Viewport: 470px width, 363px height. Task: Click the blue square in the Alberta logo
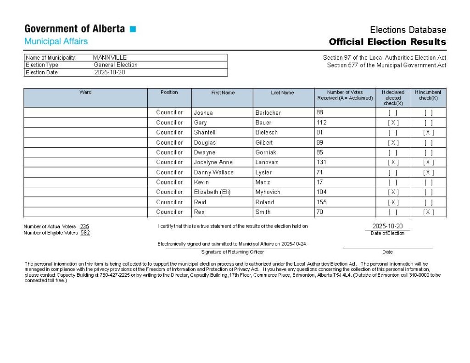pyautogui.click(x=133, y=29)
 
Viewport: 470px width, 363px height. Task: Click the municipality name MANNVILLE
pyautogui.click(x=110, y=58)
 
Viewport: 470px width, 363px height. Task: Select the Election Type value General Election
pyautogui.click(x=116, y=65)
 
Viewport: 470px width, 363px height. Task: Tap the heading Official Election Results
pyautogui.click(x=387, y=42)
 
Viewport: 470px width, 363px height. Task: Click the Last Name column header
pyautogui.click(x=282, y=93)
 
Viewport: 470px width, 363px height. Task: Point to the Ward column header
pyautogui.click(x=85, y=92)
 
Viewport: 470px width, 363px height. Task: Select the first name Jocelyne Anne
pyautogui.click(x=213, y=162)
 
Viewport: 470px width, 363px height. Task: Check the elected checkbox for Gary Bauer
pyautogui.click(x=393, y=123)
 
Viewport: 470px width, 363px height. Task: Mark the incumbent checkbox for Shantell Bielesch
pyautogui.click(x=428, y=133)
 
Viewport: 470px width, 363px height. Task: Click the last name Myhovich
pyautogui.click(x=268, y=192)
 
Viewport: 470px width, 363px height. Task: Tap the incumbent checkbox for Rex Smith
pyautogui.click(x=428, y=212)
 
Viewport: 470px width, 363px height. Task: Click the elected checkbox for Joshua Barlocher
pyautogui.click(x=393, y=113)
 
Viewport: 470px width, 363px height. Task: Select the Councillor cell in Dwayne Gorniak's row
pyautogui.click(x=169, y=152)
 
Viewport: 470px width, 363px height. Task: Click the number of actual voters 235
pyautogui.click(x=84, y=227)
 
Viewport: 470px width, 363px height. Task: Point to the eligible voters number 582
pyautogui.click(x=85, y=233)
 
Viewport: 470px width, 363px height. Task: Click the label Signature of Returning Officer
pyautogui.click(x=232, y=252)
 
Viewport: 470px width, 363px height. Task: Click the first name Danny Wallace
pyautogui.click(x=213, y=173)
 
